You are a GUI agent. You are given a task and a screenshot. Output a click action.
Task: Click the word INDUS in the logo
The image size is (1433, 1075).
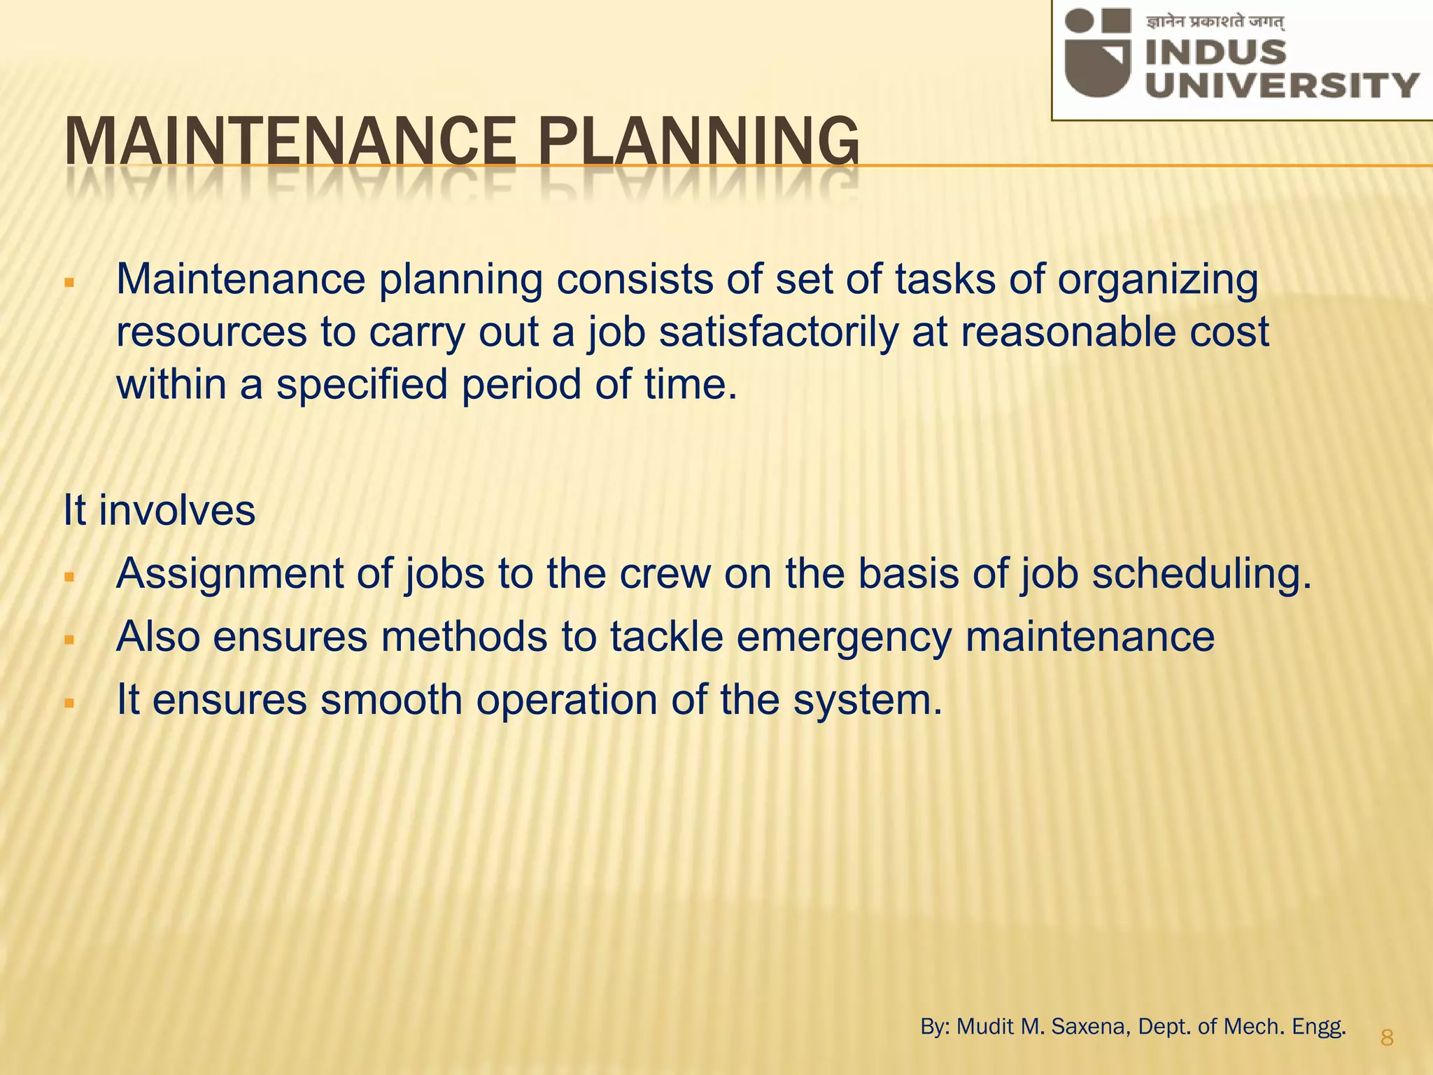click(1216, 52)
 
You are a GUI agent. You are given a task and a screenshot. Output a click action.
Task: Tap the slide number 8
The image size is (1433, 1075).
click(1387, 1037)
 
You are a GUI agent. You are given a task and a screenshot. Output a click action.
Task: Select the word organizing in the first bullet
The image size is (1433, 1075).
click(1157, 280)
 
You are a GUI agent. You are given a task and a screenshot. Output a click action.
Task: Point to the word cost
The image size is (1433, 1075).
click(1229, 332)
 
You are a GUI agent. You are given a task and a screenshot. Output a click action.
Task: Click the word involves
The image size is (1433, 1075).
click(177, 510)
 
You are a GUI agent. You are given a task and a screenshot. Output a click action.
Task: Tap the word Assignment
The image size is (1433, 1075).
click(230, 574)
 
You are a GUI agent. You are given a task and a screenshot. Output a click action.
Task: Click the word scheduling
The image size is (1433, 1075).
click(1201, 574)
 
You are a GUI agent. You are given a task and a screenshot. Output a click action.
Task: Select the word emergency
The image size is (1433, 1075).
click(837, 637)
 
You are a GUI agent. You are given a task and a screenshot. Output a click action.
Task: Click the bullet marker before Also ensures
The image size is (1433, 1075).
click(69, 640)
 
